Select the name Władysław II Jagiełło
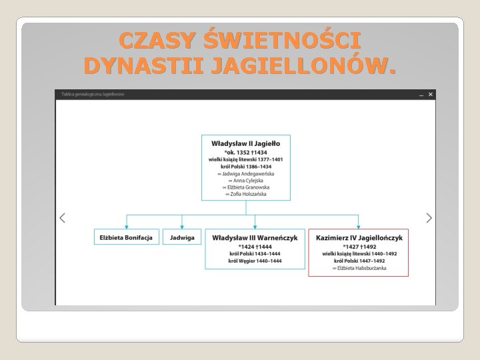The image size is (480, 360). tap(245, 143)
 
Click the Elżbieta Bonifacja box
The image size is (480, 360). tap(126, 237)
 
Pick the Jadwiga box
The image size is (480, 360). tap(182, 237)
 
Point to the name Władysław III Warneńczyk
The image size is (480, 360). tap(255, 237)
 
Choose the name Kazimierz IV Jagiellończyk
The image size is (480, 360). tap(359, 237)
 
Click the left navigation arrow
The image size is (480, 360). tap(62, 218)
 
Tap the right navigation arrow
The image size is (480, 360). tap(429, 218)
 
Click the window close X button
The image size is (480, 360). tap(431, 95)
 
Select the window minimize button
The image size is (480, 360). tap(421, 95)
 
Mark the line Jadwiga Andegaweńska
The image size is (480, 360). tap(245, 173)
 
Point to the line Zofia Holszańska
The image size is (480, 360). tap(245, 193)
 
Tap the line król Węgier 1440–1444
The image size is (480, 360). tap(255, 261)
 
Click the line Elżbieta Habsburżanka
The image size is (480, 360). tap(359, 268)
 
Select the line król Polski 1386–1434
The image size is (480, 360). tap(245, 167)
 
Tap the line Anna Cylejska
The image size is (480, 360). tap(245, 180)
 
